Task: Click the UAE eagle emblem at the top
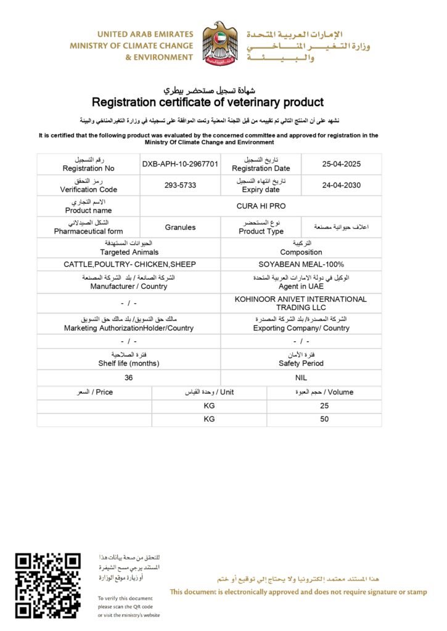click(x=220, y=43)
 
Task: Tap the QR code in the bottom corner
click(x=48, y=585)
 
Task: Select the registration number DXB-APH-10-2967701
click(x=180, y=164)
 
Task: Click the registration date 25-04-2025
click(x=341, y=164)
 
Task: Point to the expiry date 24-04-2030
click(x=341, y=185)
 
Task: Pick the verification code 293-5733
click(x=180, y=185)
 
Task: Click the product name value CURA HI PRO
click(x=261, y=206)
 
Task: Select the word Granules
click(x=180, y=227)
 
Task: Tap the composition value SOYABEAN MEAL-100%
click(x=301, y=264)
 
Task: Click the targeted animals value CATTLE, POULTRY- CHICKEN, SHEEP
click(x=129, y=264)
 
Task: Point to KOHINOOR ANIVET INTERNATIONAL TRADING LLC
click(x=301, y=303)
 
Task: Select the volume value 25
click(x=324, y=405)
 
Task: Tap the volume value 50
click(x=324, y=419)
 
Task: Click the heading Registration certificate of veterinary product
click(x=208, y=102)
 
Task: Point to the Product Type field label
click(x=261, y=231)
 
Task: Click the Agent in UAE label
click(x=301, y=286)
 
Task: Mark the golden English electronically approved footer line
click(x=298, y=592)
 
